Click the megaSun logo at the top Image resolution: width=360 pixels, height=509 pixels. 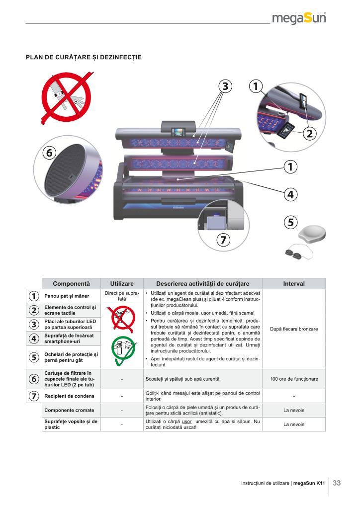(x=299, y=18)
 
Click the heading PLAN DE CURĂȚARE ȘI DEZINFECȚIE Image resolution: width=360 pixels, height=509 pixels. (x=84, y=57)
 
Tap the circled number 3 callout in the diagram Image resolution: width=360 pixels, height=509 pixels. (x=225, y=86)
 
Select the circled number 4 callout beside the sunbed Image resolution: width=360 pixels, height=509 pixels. (x=290, y=194)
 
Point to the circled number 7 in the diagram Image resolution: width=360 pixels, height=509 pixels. (x=223, y=240)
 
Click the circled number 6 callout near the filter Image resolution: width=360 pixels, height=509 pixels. (x=49, y=153)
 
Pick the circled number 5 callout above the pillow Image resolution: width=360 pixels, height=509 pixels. (x=290, y=222)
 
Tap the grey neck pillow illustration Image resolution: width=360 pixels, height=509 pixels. (x=312, y=235)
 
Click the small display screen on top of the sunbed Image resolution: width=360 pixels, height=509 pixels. (x=178, y=132)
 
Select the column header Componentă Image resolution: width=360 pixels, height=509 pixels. (x=72, y=284)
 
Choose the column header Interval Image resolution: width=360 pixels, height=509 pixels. (x=294, y=284)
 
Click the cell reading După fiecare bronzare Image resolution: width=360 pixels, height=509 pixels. (x=294, y=329)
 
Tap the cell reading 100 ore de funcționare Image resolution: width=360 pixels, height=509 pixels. (x=294, y=379)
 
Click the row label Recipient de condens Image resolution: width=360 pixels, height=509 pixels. (x=70, y=396)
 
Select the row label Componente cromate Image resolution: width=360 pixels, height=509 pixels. (x=69, y=410)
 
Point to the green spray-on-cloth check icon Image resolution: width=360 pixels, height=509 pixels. (x=123, y=350)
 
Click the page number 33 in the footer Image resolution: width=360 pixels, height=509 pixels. (x=337, y=483)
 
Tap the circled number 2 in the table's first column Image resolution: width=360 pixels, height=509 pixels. (x=34, y=310)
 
